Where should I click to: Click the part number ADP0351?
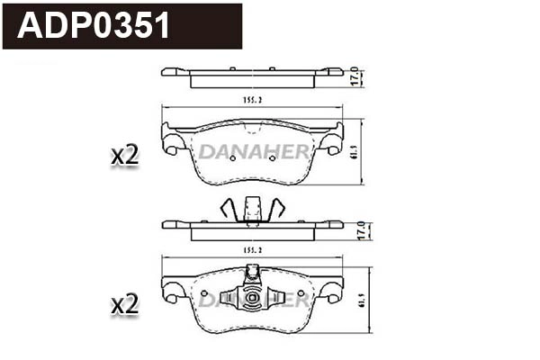(x=95, y=26)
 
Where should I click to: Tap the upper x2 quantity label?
(x=124, y=155)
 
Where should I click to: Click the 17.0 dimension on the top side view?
(x=357, y=76)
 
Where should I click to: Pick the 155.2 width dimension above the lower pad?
(x=252, y=248)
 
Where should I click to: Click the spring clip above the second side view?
(x=252, y=209)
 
